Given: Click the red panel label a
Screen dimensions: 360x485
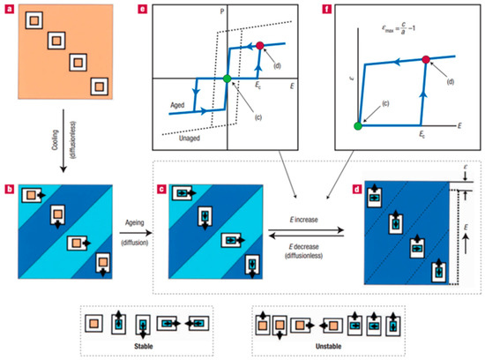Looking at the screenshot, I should tap(8, 7).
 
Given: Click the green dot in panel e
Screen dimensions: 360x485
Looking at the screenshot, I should tap(227, 79).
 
